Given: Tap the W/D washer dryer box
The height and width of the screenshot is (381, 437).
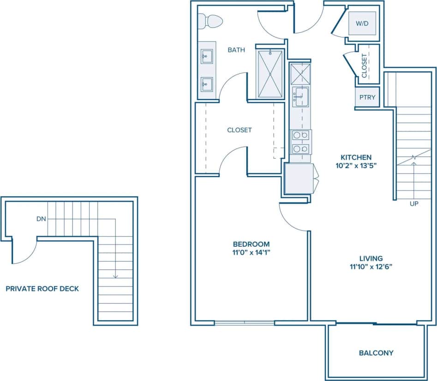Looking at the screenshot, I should click(362, 23).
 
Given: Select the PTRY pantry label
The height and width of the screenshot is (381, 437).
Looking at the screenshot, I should click(367, 97).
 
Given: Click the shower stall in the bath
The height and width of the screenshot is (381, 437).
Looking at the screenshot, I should click(270, 74).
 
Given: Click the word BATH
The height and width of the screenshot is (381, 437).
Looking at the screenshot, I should click(236, 50).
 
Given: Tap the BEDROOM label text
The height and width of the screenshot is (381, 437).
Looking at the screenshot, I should click(251, 244).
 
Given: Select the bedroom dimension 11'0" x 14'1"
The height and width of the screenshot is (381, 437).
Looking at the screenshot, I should click(251, 252).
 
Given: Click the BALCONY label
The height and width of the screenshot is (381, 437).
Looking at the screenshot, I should click(376, 353).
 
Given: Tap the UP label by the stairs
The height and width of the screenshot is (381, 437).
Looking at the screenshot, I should click(414, 203).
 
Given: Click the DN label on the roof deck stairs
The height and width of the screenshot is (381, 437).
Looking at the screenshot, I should click(41, 219).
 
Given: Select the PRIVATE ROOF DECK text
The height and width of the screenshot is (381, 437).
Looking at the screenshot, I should click(42, 289).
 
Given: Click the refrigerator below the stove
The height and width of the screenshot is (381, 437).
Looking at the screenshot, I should click(299, 179).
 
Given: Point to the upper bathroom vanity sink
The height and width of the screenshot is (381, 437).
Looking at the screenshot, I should click(206, 57).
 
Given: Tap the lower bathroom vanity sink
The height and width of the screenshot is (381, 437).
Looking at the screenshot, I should click(206, 84).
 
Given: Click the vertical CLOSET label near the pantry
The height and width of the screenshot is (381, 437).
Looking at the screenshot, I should click(364, 65).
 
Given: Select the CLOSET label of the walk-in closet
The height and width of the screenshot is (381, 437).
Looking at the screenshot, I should click(239, 130).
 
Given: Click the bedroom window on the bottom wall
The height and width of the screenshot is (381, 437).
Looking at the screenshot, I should click(245, 323).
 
